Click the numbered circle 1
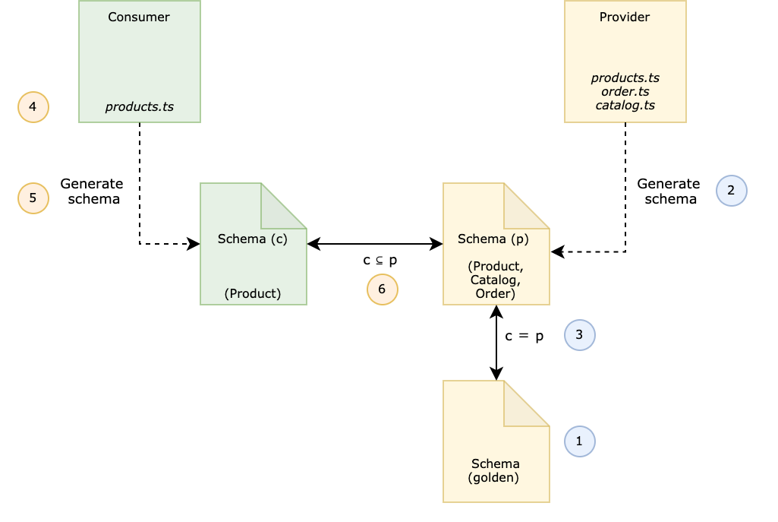(579, 441)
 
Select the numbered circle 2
(731, 191)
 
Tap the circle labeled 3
(579, 335)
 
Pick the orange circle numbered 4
(33, 107)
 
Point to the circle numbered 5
(33, 198)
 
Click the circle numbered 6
(382, 289)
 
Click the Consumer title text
(139, 17)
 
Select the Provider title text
(625, 17)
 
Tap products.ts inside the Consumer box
(139, 107)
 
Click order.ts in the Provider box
(625, 91)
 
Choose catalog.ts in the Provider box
(625, 105)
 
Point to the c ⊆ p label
(380, 260)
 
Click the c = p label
(524, 336)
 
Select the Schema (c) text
(252, 239)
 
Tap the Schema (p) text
(493, 239)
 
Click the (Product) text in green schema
(252, 293)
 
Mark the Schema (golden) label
(495, 470)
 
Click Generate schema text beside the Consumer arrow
(92, 191)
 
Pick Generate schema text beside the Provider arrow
(669, 191)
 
